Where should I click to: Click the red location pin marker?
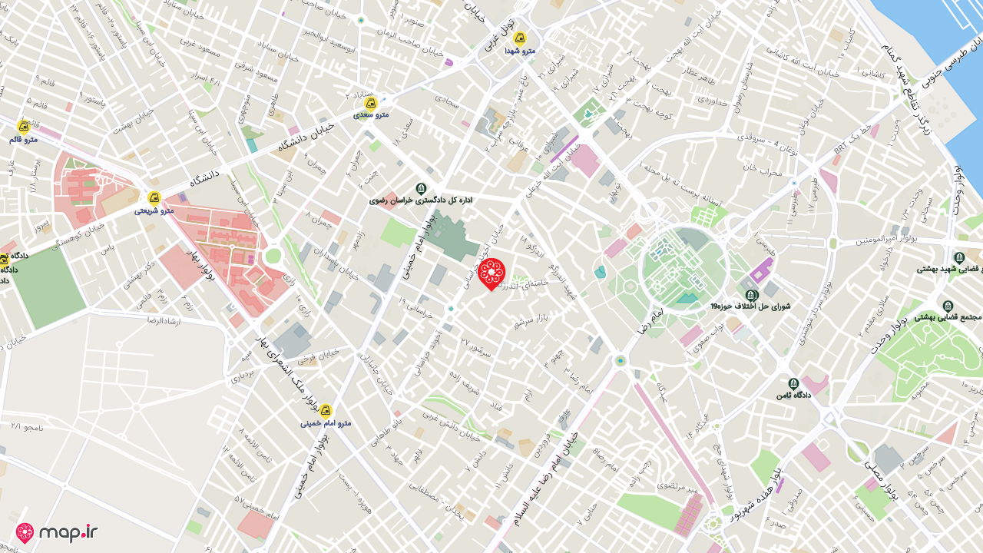click(491, 274)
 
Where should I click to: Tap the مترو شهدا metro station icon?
click(520, 38)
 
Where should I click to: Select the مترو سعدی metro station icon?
click(370, 103)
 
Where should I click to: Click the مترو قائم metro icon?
click(24, 127)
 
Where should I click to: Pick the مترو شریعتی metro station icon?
click(154, 198)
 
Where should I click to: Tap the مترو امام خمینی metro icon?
click(326, 411)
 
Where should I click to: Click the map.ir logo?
click(57, 532)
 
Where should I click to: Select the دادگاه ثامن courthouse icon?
click(793, 383)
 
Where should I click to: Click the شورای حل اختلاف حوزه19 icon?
click(752, 295)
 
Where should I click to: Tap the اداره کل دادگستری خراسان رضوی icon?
click(421, 188)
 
